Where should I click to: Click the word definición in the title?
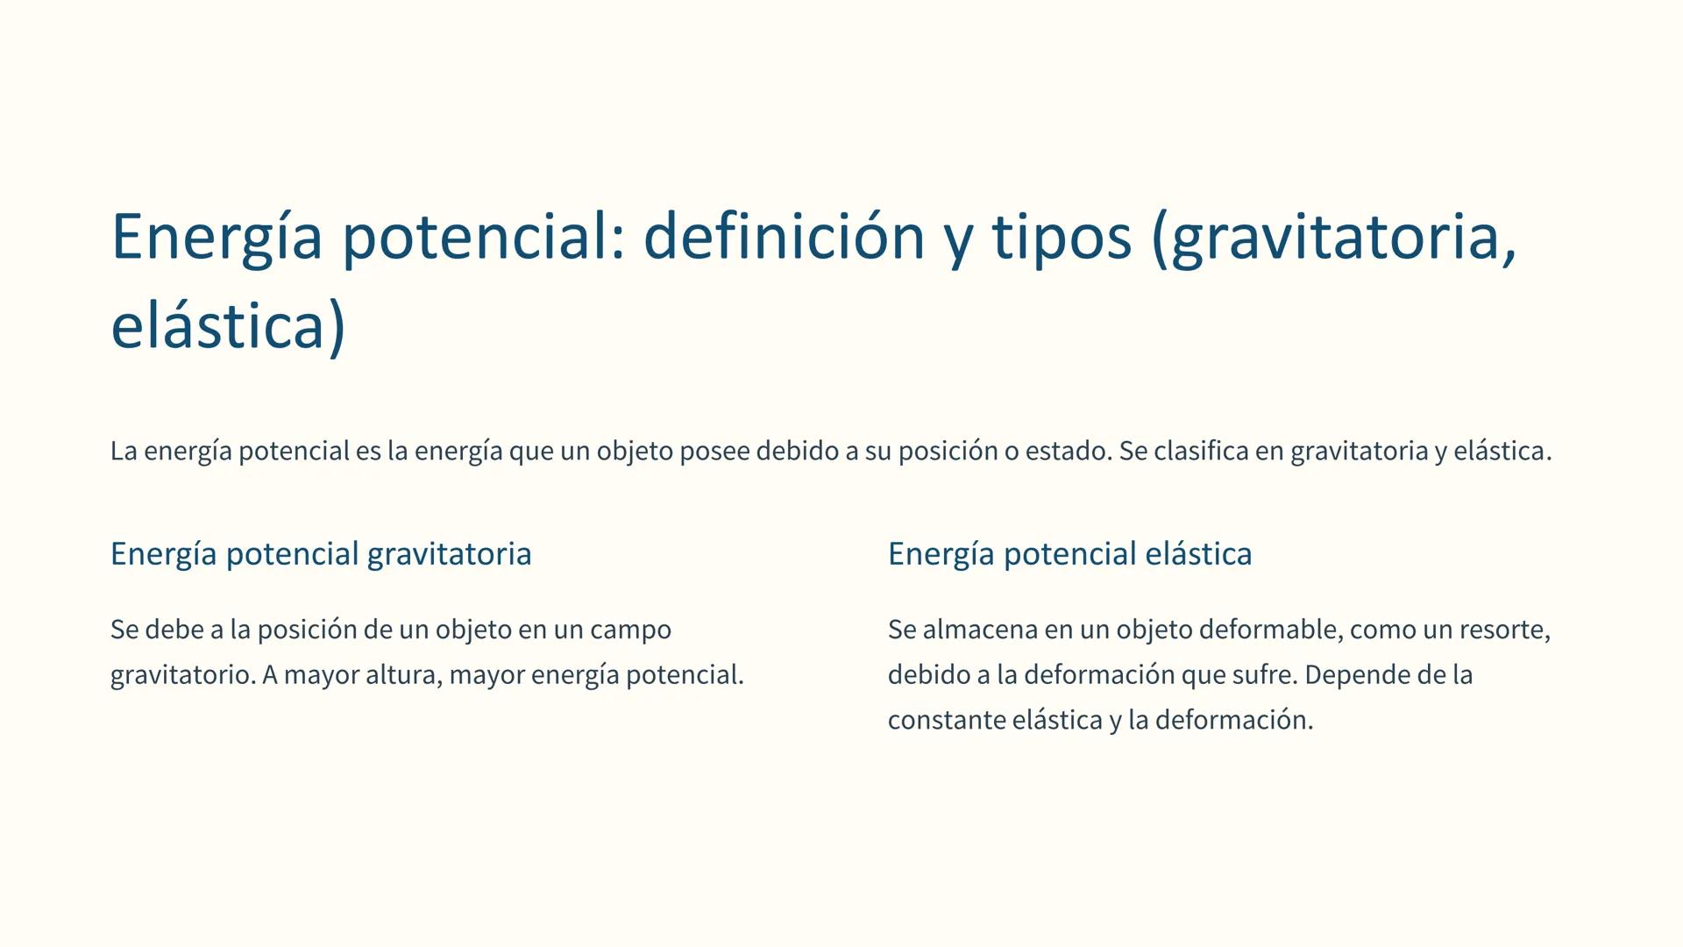[784, 237]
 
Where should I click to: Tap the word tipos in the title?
[1062, 237]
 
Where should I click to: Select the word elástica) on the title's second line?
[229, 326]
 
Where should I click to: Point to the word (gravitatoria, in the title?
[1334, 237]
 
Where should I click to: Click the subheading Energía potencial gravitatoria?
[321, 554]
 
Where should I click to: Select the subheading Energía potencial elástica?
[1069, 554]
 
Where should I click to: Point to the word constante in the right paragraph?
[946, 721]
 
